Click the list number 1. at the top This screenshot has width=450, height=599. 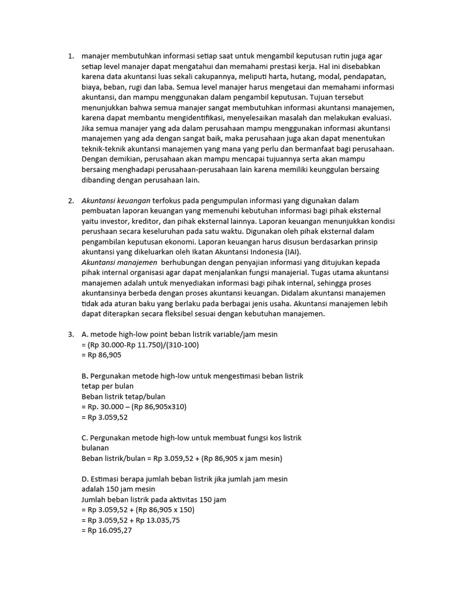pyautogui.click(x=70, y=57)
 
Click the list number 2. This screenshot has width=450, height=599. pyautogui.click(x=70, y=201)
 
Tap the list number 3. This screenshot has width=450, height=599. pyautogui.click(x=70, y=334)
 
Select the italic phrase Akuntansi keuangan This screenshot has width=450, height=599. pyautogui.click(x=116, y=201)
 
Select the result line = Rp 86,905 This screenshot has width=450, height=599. pyautogui.click(x=102, y=354)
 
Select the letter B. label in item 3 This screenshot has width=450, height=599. pyautogui.click(x=84, y=376)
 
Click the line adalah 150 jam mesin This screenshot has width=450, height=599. pyautogui.click(x=119, y=488)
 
